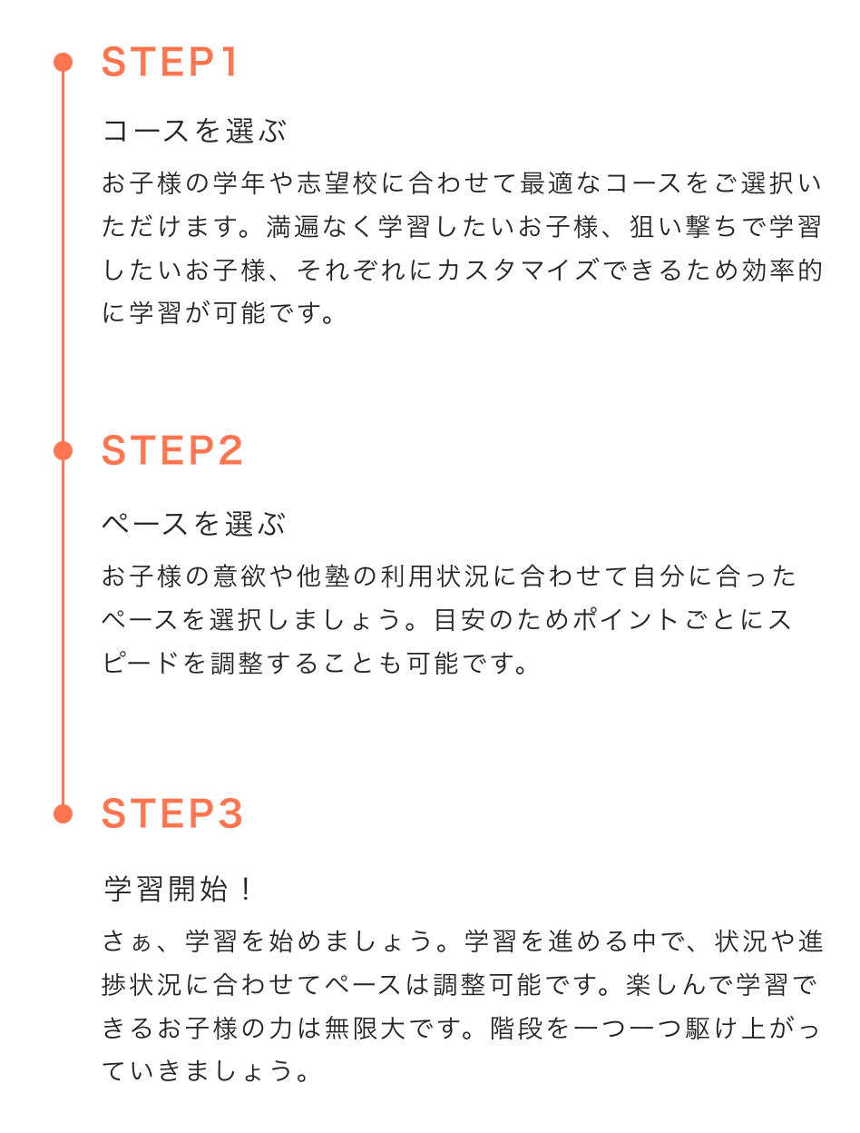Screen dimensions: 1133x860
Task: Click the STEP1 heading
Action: (x=171, y=63)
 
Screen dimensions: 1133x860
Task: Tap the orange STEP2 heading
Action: (x=172, y=451)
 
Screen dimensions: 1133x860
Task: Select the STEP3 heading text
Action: (x=172, y=813)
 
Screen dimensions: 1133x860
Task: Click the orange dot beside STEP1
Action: (x=63, y=62)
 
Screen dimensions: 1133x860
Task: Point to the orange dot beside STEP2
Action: (x=63, y=450)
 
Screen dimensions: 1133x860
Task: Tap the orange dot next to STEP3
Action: (x=63, y=813)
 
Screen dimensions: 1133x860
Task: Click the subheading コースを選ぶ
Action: (x=194, y=132)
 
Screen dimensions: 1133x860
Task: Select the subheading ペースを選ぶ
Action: (x=194, y=524)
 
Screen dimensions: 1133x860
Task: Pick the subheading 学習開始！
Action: (x=179, y=890)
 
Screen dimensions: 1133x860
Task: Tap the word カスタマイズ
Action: (x=517, y=271)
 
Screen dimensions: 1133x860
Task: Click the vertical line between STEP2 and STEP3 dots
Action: (x=63, y=635)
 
